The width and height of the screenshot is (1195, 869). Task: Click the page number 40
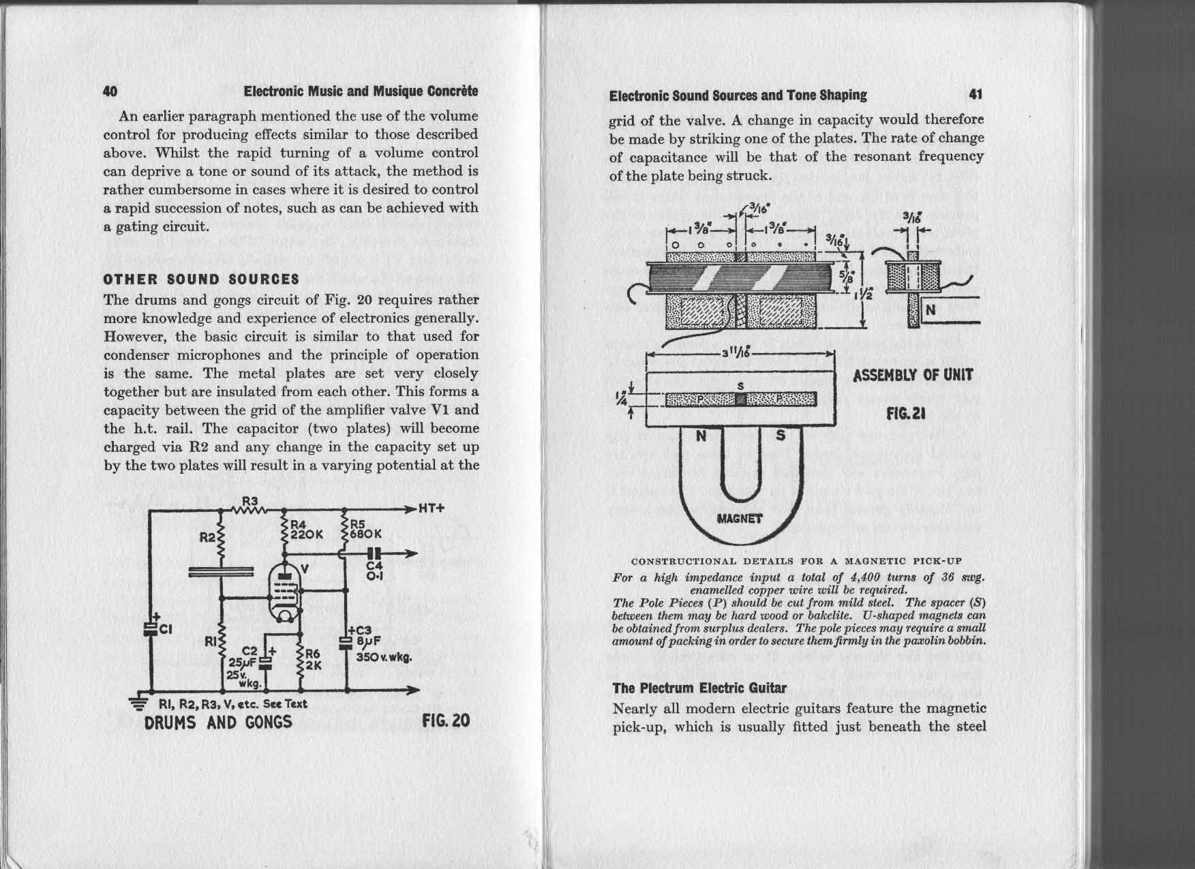click(x=110, y=91)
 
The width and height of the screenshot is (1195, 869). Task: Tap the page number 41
click(x=975, y=95)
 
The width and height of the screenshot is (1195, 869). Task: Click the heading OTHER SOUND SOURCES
click(x=201, y=279)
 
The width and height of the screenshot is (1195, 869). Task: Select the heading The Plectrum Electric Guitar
click(x=699, y=688)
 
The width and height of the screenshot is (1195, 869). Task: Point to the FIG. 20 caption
click(x=447, y=721)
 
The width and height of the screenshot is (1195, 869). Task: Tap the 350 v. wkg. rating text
click(x=384, y=660)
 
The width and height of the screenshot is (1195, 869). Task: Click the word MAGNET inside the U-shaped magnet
click(x=740, y=517)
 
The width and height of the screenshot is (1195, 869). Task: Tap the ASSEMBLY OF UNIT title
click(x=913, y=375)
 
